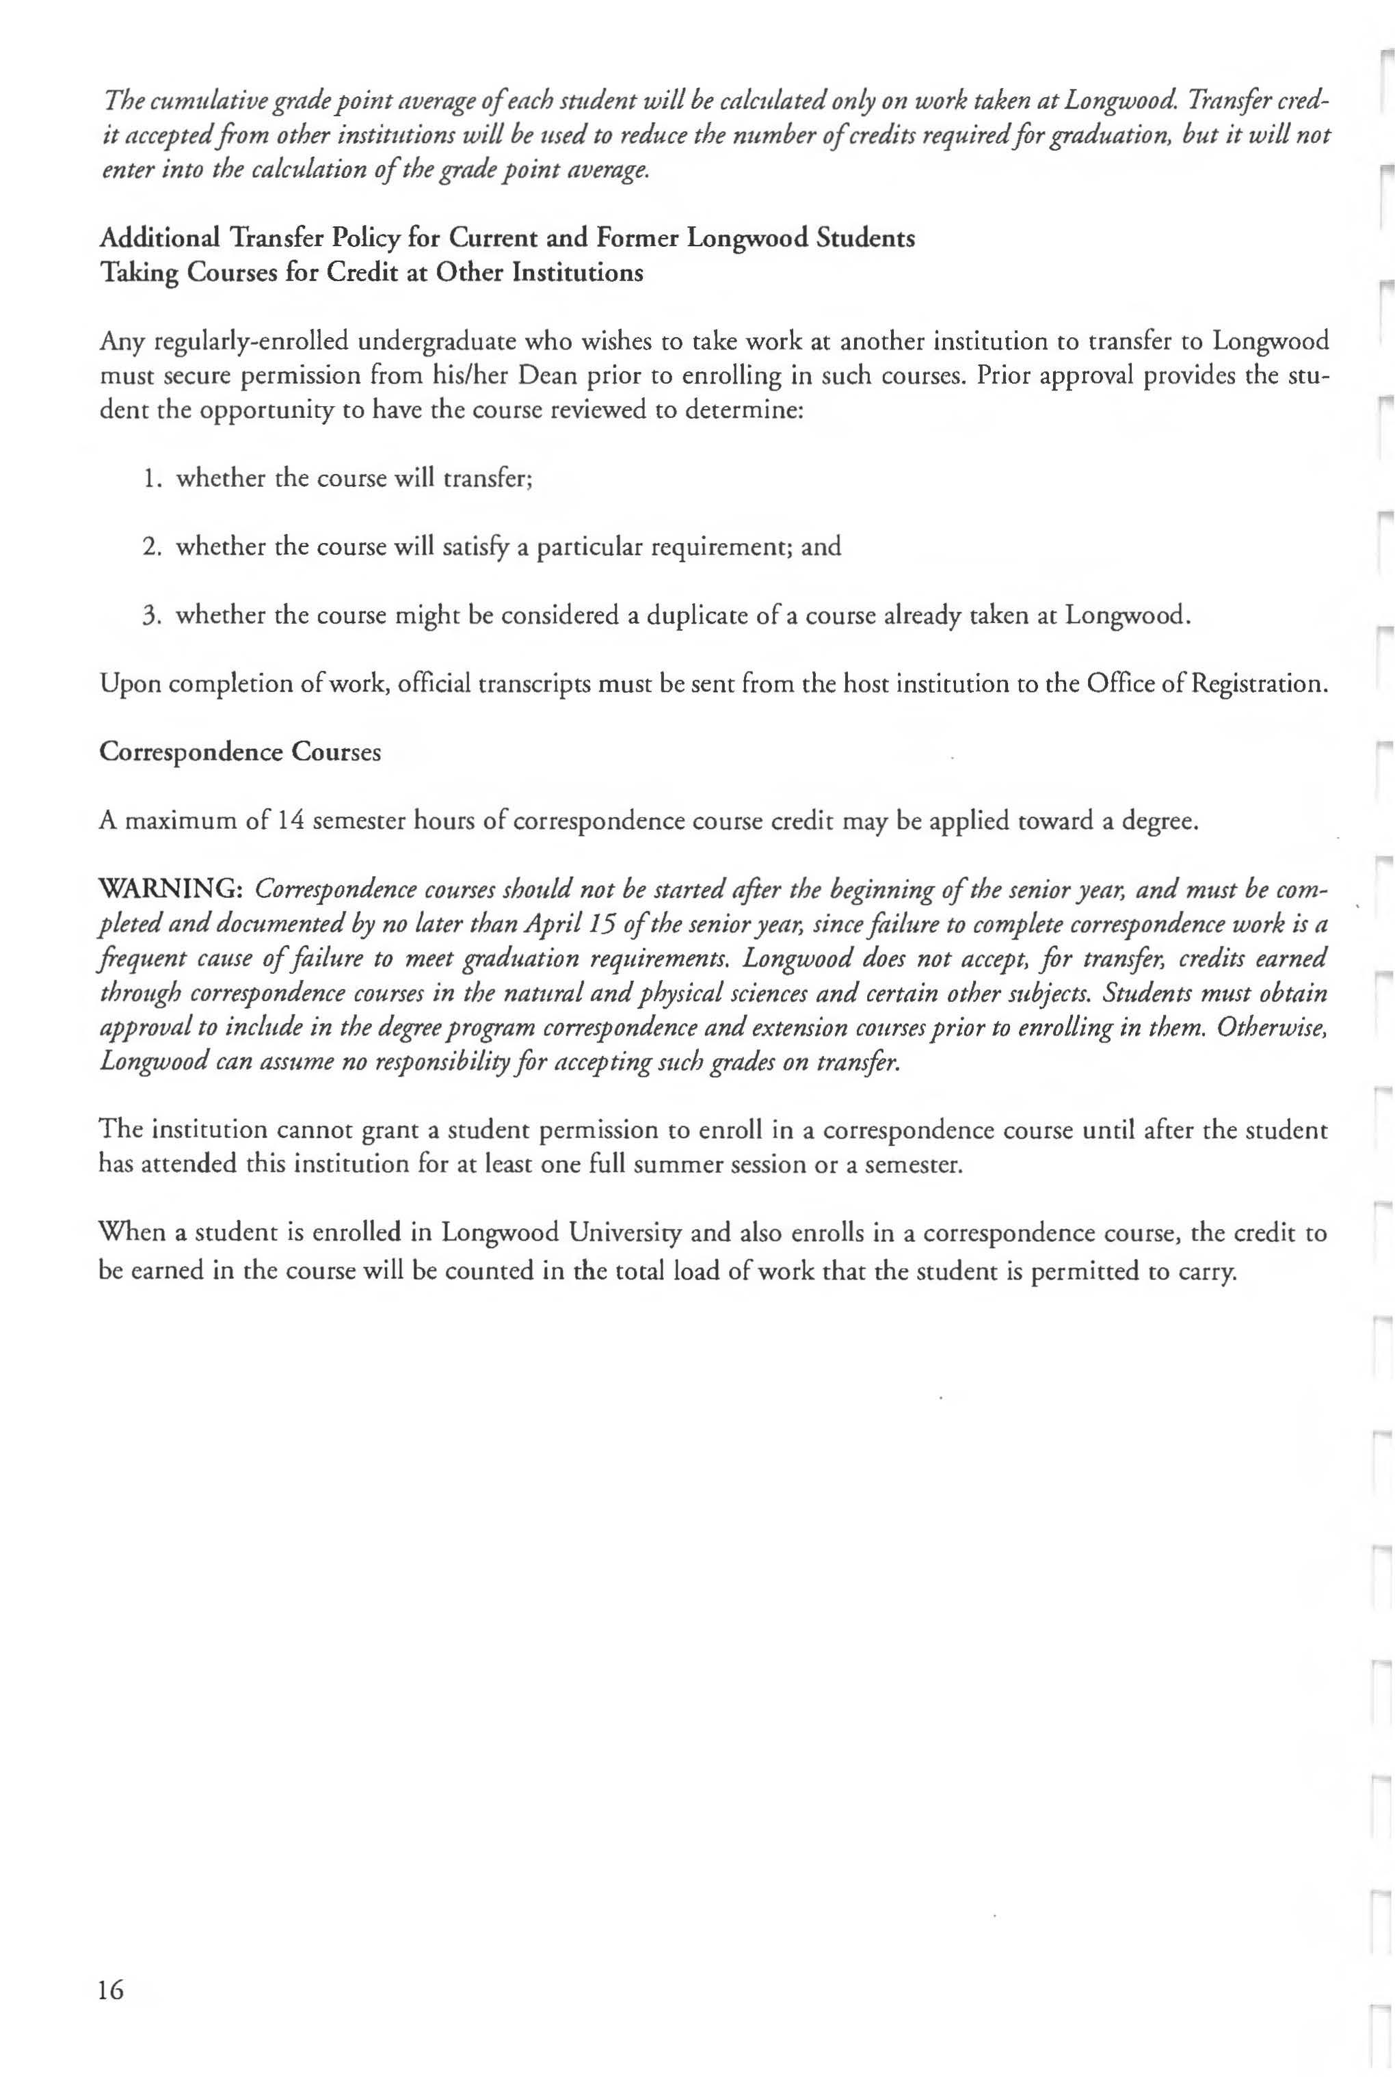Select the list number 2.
tap(151, 546)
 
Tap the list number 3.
tap(151, 615)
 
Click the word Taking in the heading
tap(138, 272)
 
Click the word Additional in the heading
tap(159, 239)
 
